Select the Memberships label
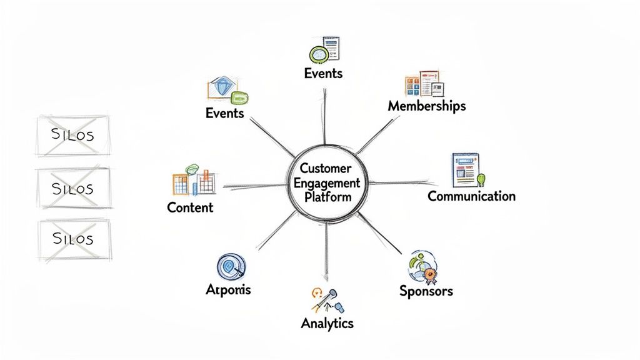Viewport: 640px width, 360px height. click(427, 106)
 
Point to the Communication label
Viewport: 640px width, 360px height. click(471, 196)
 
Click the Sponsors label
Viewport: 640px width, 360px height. click(426, 291)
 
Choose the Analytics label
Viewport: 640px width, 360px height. click(327, 323)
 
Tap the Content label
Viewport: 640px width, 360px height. click(190, 207)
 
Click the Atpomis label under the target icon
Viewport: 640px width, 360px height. click(228, 290)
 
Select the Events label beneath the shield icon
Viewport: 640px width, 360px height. click(224, 113)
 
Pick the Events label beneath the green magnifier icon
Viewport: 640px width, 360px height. click(323, 73)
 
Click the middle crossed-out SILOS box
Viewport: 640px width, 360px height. click(74, 188)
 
